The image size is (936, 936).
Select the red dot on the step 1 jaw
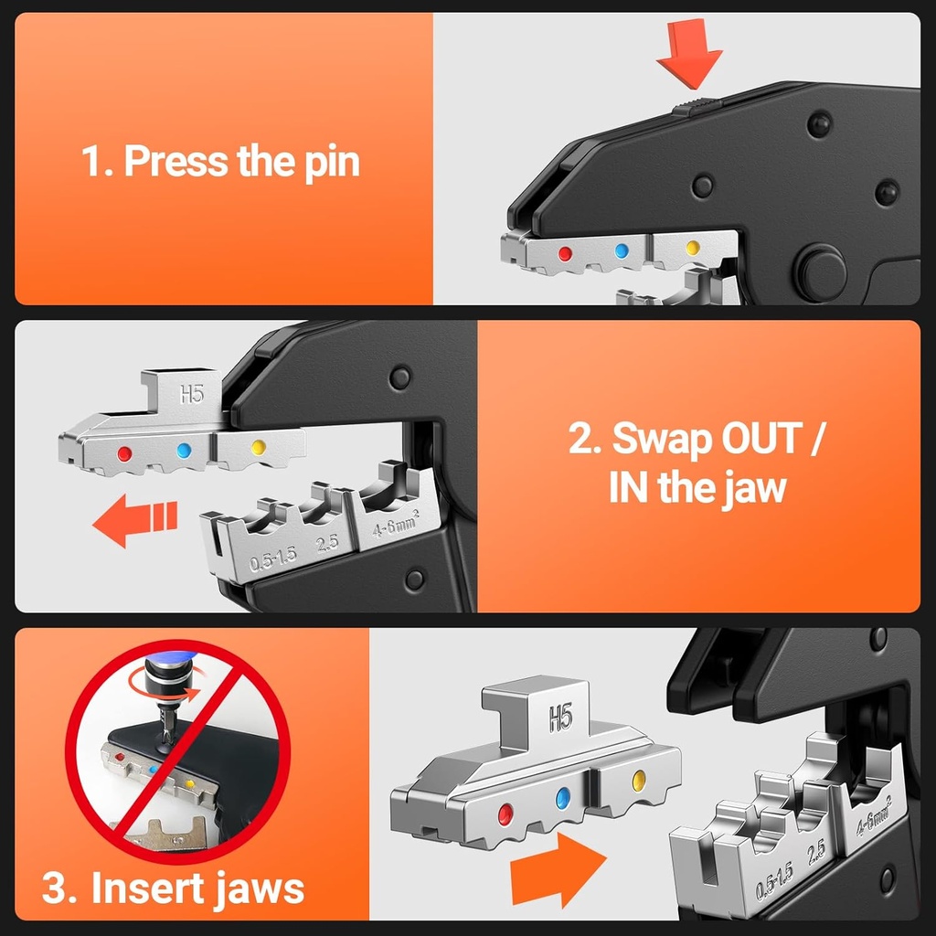[565, 252]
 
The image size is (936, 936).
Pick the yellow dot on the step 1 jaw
[692, 248]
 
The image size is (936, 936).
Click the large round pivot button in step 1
[819, 271]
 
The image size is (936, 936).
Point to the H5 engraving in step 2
[191, 394]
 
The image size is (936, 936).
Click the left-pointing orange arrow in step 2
[133, 522]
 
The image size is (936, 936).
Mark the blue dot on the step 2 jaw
[184, 450]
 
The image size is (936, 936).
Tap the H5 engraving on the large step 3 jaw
[559, 718]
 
